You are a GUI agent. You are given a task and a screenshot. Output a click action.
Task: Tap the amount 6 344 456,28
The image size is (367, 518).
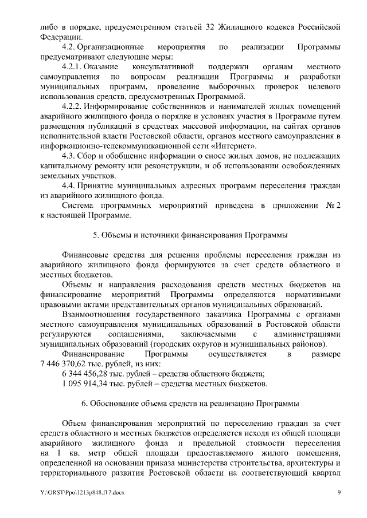(87, 374)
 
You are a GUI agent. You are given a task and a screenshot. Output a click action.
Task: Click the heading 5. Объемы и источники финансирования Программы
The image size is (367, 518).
(190, 235)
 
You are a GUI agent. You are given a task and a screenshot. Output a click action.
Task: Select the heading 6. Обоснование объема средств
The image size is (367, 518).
(190, 404)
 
